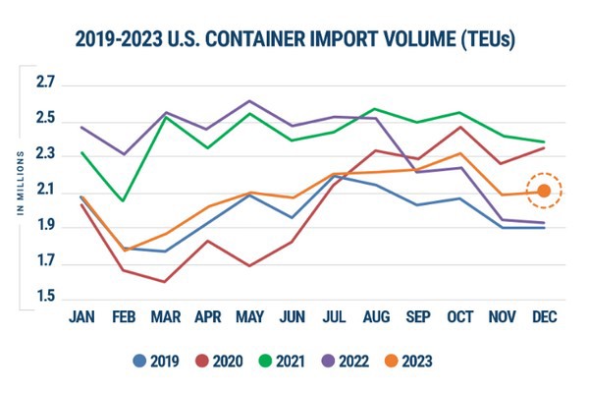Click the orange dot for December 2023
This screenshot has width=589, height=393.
point(543,191)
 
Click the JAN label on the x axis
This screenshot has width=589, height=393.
point(80,318)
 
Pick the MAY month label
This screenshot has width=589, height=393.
point(249,318)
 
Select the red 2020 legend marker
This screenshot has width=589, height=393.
point(208,361)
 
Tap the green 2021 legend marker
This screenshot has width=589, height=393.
point(276,361)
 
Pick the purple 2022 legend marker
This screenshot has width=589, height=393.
point(344,361)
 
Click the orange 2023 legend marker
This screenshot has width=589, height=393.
point(411,361)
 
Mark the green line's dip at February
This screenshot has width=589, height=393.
point(122,200)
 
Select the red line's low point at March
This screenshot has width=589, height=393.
point(164,281)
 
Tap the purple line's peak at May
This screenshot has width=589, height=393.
point(249,101)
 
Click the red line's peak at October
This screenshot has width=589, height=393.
point(459,127)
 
